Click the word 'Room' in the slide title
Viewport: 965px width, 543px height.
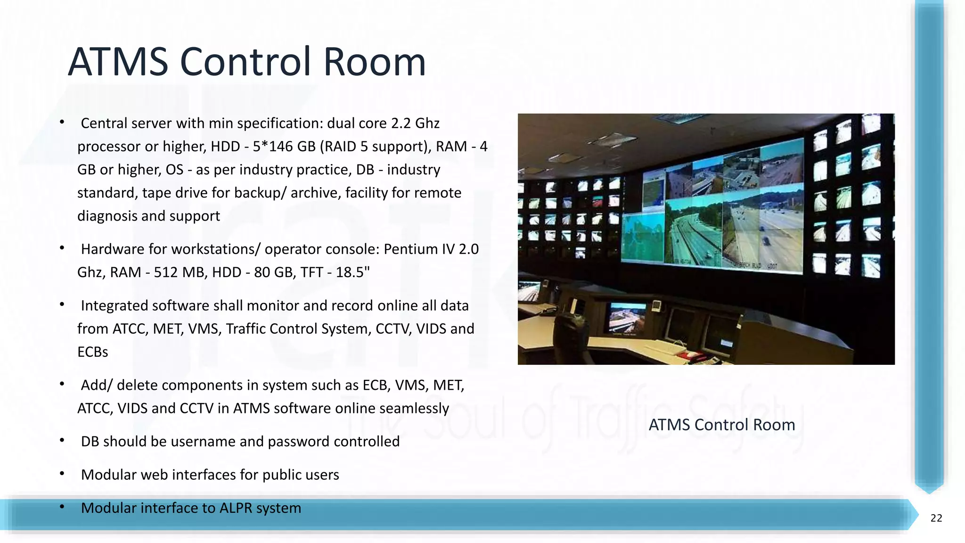coord(375,62)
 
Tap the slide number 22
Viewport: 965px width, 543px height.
coord(936,518)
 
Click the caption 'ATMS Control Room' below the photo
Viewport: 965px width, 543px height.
coord(721,425)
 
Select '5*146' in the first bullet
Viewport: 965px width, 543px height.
coord(274,147)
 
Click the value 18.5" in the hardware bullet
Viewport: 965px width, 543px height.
coord(352,272)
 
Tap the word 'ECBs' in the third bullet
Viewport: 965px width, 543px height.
coord(93,352)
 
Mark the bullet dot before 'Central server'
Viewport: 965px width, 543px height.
coord(62,122)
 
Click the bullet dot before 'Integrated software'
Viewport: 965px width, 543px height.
coord(62,304)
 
